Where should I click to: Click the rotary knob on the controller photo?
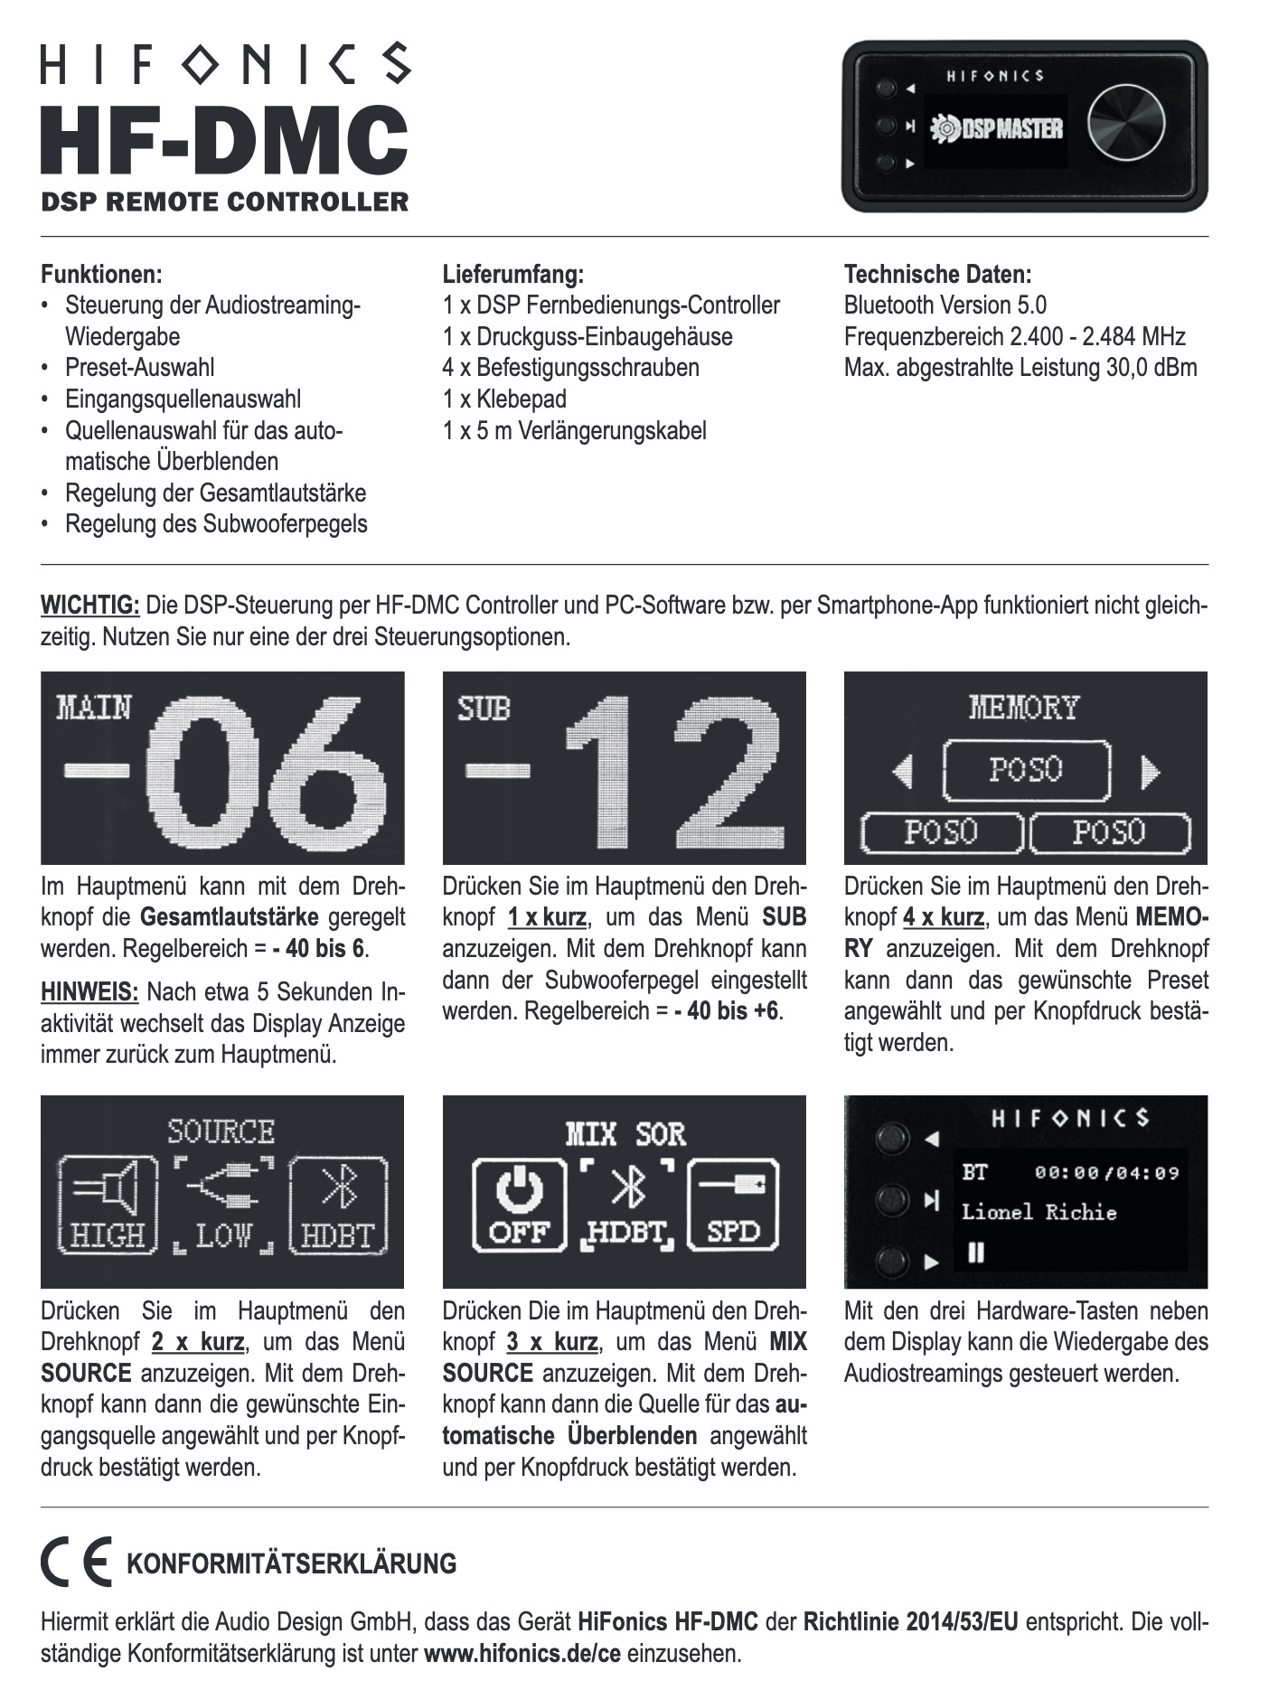click(x=1125, y=124)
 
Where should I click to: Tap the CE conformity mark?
click(x=76, y=1561)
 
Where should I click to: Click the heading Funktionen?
click(x=101, y=274)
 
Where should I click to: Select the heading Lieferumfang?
click(x=512, y=274)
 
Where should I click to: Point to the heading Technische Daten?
click(x=937, y=274)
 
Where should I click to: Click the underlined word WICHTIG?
click(x=89, y=605)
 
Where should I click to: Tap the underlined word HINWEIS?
click(x=89, y=992)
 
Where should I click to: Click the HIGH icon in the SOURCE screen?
click(x=108, y=1206)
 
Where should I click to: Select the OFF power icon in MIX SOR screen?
click(x=518, y=1206)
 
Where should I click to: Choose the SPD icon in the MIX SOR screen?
click(x=733, y=1206)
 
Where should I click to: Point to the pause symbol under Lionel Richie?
click(x=975, y=1253)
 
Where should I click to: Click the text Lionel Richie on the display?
click(x=1039, y=1213)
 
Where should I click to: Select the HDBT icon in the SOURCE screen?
click(x=338, y=1206)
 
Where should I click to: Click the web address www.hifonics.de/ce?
click(x=522, y=1654)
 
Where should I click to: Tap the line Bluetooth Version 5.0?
click(x=945, y=305)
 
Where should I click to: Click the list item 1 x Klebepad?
click(x=504, y=399)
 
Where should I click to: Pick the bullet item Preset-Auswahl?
click(x=139, y=368)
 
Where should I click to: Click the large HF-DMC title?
click(x=224, y=140)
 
